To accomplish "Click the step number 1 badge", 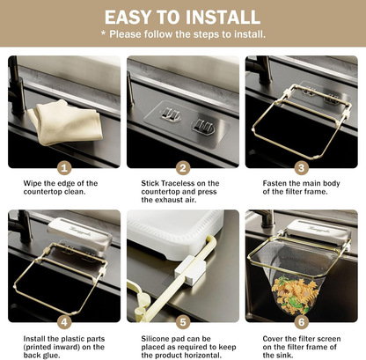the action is (x=64, y=168).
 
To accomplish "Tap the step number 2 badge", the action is (x=183, y=168).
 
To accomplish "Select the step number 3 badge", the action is (x=302, y=168).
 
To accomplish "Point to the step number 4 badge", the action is (x=64, y=322).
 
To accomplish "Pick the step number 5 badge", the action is (x=183, y=322).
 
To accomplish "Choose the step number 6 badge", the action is (x=302, y=322).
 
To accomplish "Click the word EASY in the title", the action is (x=128, y=17).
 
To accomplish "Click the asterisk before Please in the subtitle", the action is (x=103, y=33).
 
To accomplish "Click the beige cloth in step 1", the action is (x=66, y=122).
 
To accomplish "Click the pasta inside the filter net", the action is (x=293, y=295).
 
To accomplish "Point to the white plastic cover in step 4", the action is (x=80, y=235).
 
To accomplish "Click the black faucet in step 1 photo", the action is (x=18, y=88).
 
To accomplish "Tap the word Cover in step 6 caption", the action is (x=273, y=339).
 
